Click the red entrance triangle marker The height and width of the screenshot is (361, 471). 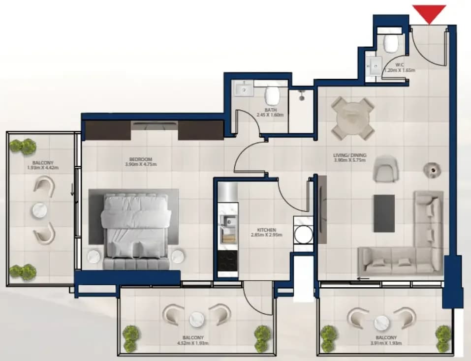pyautogui.click(x=429, y=13)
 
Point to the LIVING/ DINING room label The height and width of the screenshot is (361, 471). pyautogui.click(x=349, y=155)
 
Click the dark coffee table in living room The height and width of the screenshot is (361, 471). pyautogui.click(x=384, y=213)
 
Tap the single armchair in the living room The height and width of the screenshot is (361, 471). pyautogui.click(x=385, y=169)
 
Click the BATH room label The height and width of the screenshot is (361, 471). pyautogui.click(x=271, y=110)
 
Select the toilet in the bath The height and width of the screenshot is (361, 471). pyautogui.click(x=272, y=94)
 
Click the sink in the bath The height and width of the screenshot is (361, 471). pyautogui.click(x=244, y=89)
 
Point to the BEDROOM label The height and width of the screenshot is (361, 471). pyautogui.click(x=141, y=159)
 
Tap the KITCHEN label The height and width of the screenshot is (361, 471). pyautogui.click(x=266, y=230)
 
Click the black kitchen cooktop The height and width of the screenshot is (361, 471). pyautogui.click(x=227, y=261)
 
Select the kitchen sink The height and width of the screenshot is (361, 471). pyautogui.click(x=227, y=222)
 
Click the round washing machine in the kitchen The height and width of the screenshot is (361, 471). pyautogui.click(x=303, y=235)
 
